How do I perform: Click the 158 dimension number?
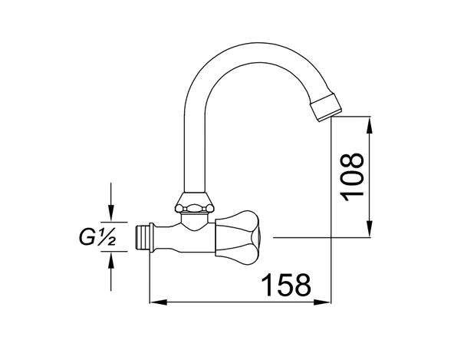point(286,285)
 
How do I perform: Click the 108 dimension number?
point(352,177)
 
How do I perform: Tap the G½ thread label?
point(97,238)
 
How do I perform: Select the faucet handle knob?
point(238,238)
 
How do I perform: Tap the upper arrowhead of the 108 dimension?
point(369,125)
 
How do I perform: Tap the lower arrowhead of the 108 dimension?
point(369,229)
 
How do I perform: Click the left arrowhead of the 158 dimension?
point(159,302)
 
